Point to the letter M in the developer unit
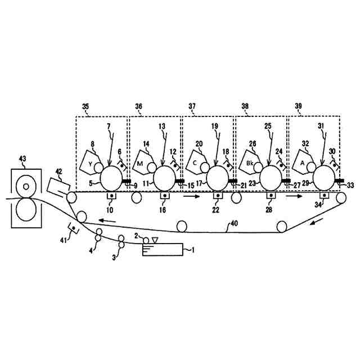(x=141, y=163)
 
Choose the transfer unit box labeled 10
(x=111, y=197)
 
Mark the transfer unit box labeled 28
(x=271, y=197)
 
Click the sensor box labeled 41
(x=73, y=228)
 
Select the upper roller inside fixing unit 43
(x=25, y=185)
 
